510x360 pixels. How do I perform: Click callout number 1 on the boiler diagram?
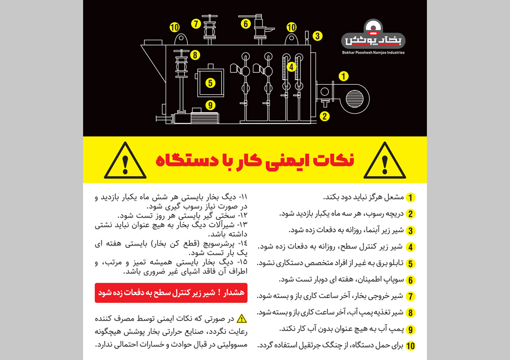point(343,76)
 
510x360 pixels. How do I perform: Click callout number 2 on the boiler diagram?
point(325,116)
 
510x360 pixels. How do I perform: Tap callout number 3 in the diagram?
point(317,36)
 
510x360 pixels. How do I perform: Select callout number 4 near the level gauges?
point(291,67)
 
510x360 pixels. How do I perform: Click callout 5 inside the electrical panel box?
point(210,83)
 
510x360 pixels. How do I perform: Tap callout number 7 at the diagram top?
point(196,23)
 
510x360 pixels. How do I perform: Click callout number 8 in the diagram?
point(195,55)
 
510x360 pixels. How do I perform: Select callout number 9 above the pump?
point(211,105)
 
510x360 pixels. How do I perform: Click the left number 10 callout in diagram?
point(175,27)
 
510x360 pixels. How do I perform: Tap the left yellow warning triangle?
point(125,161)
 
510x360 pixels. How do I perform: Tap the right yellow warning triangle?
point(385,161)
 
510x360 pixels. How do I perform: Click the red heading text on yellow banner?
point(255,160)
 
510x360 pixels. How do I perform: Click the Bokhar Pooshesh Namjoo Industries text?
point(374,52)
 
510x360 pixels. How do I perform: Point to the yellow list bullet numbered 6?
point(411,280)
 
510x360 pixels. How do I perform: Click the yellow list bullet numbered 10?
point(411,346)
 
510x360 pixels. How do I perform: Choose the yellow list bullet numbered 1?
point(411,197)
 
